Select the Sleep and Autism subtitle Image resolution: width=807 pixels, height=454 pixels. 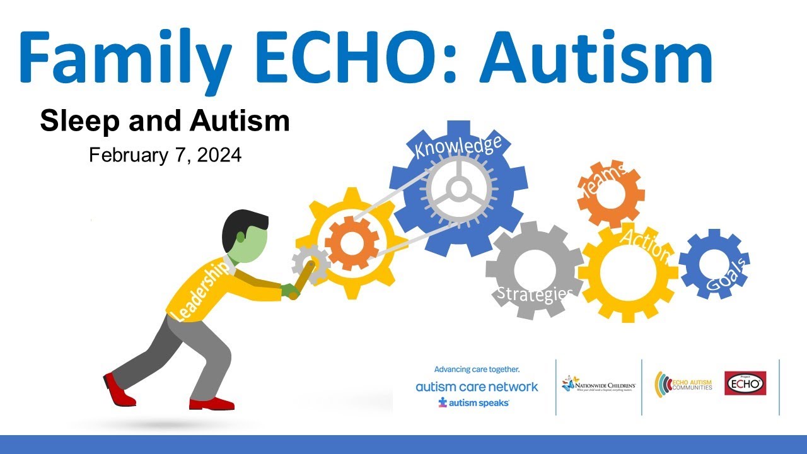tap(165, 121)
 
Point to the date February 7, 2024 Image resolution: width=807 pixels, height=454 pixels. tap(165, 155)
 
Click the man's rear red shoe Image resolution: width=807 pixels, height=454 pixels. tap(119, 389)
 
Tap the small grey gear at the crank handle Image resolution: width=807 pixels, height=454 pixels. tap(311, 263)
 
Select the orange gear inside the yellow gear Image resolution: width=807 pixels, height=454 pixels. tap(351, 243)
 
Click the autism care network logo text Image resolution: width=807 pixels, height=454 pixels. tap(477, 387)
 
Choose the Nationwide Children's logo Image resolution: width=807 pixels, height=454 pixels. tap(598, 385)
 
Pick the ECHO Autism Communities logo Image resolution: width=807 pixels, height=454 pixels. tap(683, 384)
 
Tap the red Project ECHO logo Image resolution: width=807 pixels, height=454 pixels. tap(745, 383)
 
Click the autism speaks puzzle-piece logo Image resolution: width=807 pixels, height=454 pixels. tap(473, 402)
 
